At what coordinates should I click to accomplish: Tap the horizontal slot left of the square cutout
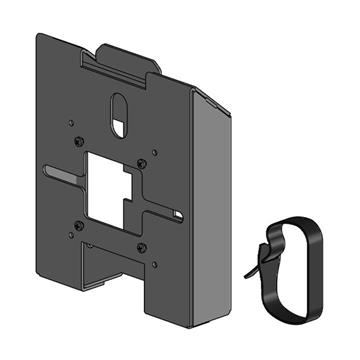62,181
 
